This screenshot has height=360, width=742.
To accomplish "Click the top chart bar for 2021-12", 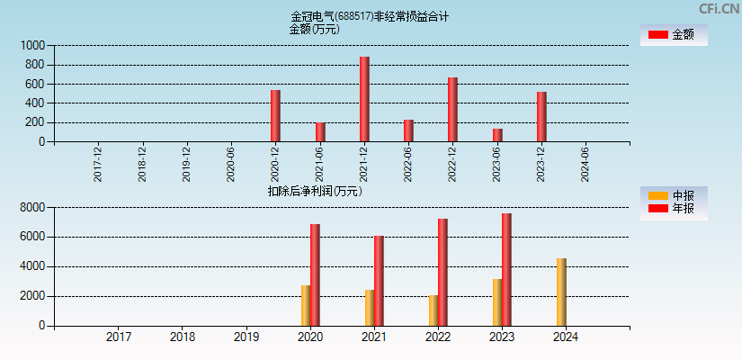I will point(364,99).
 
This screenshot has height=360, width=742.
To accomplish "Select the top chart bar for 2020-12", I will point(275,116).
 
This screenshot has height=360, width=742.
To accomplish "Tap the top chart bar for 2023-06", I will point(497,135).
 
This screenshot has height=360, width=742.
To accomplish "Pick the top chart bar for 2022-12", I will point(452,110).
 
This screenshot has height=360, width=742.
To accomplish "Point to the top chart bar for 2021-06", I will point(320,132).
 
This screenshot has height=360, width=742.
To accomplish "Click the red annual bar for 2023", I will point(506,269).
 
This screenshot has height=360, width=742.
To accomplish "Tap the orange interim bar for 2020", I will point(306,305).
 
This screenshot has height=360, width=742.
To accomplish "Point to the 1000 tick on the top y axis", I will point(32,45).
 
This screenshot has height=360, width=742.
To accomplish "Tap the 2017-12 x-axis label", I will point(98,165).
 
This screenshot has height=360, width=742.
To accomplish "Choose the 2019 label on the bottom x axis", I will point(246,337).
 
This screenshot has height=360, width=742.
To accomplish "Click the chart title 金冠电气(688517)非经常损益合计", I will point(370,16).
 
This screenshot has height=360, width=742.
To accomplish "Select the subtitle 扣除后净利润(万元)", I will point(315,191).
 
